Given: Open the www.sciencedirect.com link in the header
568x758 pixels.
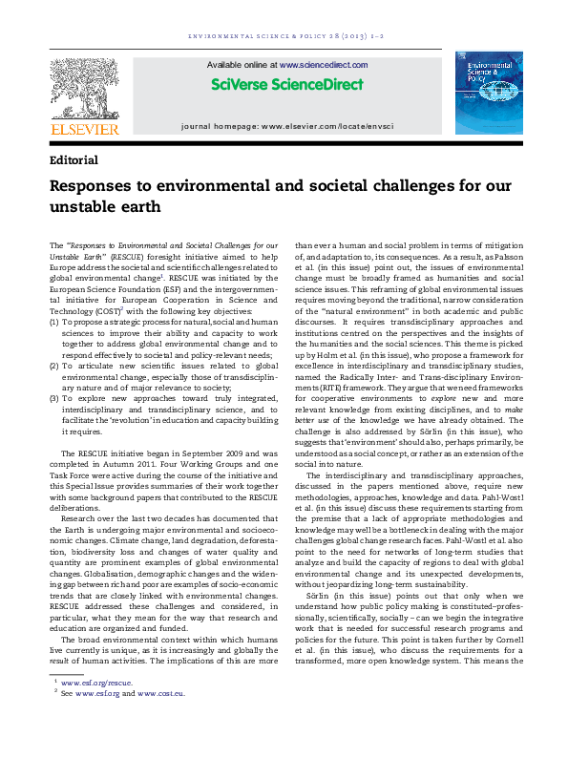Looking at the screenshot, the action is (324, 64).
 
